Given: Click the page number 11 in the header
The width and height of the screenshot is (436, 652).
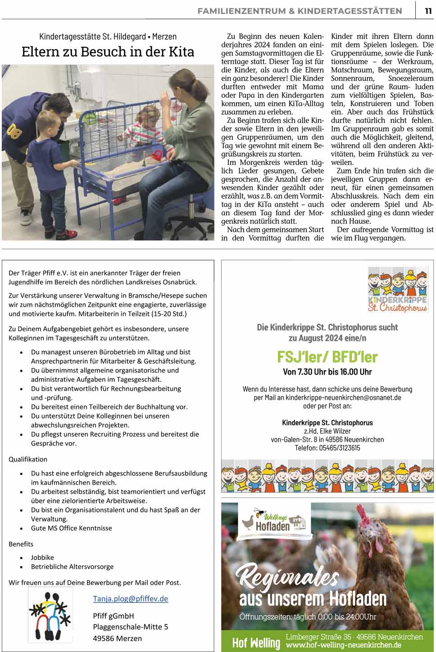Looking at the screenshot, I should [x=428, y=11].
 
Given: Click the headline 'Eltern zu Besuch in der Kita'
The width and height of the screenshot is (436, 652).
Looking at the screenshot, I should [x=108, y=52].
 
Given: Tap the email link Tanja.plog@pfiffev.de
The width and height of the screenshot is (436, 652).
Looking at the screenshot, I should [x=130, y=598].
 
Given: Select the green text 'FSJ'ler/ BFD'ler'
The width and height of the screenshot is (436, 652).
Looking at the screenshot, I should [x=327, y=357].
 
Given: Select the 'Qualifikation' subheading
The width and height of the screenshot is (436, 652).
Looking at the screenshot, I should [x=28, y=459].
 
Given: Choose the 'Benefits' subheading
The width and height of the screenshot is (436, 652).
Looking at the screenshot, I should [x=21, y=544].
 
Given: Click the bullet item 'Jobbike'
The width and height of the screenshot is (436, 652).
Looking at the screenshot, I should [x=42, y=557].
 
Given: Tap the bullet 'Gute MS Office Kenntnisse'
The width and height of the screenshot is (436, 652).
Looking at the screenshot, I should [x=71, y=528].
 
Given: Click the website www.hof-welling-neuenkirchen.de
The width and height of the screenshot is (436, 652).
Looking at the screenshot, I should [x=344, y=645].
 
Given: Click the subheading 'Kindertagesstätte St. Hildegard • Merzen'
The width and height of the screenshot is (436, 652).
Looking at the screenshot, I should [x=108, y=36].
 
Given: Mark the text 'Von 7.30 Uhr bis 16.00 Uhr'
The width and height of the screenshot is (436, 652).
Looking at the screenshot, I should [x=327, y=372].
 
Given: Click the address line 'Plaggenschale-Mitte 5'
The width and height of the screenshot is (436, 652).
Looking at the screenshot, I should [x=131, y=627].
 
